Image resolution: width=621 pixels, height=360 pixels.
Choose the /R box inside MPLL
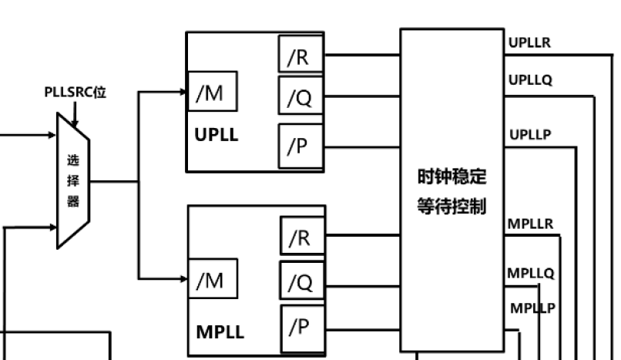pyautogui.click(x=301, y=237)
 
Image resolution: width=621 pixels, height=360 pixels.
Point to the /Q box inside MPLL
pyautogui.click(x=301, y=282)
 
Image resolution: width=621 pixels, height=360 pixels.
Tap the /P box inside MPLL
pyautogui.click(x=301, y=326)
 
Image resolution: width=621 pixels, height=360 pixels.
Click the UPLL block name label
pyautogui.click(x=217, y=136)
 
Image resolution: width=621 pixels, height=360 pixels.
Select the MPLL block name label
pyautogui.click(x=220, y=332)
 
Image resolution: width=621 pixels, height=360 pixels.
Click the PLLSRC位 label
pyautogui.click(x=75, y=93)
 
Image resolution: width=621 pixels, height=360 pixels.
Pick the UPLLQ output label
pyautogui.click(x=530, y=79)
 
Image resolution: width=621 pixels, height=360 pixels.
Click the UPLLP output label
pyautogui.click(x=530, y=135)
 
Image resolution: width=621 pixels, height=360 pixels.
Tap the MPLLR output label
pyautogui.click(x=530, y=224)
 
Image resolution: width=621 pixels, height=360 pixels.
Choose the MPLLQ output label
pyautogui.click(x=530, y=272)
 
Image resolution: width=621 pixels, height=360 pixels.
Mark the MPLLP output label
pyautogui.click(x=533, y=308)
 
